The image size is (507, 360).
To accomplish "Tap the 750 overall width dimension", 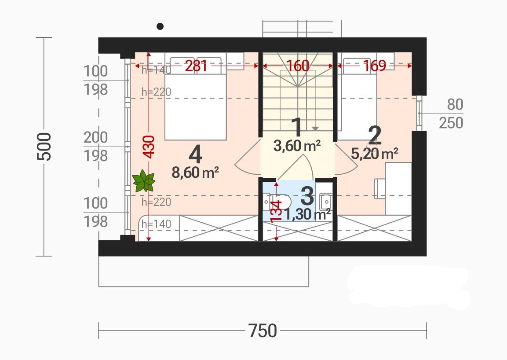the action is [263, 331].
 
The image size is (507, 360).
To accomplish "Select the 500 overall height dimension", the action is [44, 147].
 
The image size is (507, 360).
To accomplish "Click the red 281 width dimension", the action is [196, 66].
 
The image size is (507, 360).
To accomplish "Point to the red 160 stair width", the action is [298, 66].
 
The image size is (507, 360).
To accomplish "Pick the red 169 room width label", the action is [375, 66].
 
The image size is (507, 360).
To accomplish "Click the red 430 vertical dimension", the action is [149, 147].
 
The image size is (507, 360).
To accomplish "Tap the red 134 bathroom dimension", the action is [276, 212].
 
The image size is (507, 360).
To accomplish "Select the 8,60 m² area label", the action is [195, 173].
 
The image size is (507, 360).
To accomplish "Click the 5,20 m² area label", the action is [375, 154].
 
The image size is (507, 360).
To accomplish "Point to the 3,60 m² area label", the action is [297, 146].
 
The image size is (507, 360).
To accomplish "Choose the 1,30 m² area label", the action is [307, 214].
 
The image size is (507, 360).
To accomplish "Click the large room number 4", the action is [195, 155].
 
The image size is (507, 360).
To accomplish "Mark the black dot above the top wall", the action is [160, 26].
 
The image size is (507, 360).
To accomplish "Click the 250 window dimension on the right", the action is [451, 123].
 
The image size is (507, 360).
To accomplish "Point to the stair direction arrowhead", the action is [315, 129].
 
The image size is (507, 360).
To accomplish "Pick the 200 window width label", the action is [95, 138].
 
